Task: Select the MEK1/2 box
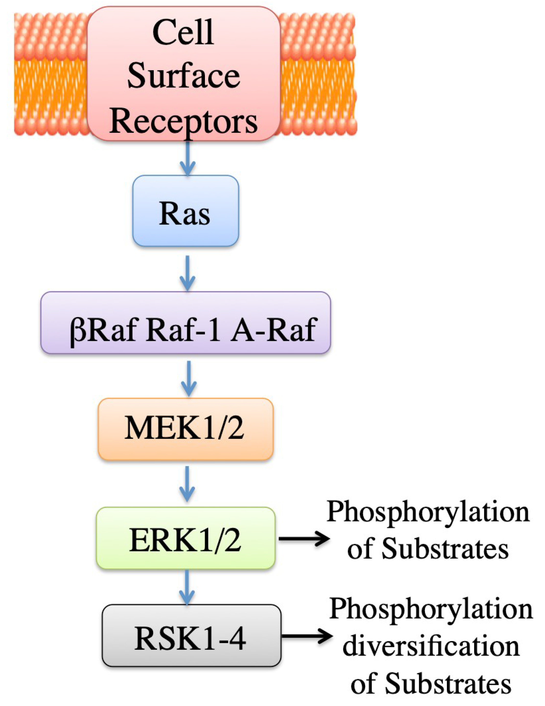(185, 429)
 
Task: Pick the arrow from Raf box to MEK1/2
(189, 378)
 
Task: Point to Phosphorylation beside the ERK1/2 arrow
(428, 512)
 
